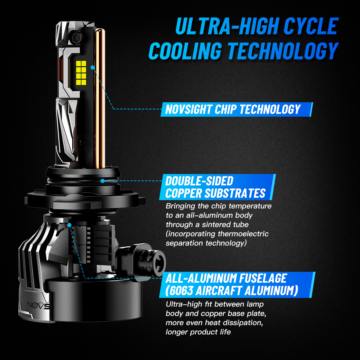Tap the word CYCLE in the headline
click(311, 26)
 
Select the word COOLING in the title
click(185, 51)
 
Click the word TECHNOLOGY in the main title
click(283, 51)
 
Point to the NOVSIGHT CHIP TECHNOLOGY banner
click(236, 109)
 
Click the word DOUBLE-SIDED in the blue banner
click(199, 181)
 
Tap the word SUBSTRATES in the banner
click(235, 193)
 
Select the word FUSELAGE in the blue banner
click(263, 278)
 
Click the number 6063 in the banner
click(181, 291)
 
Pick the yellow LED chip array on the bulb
click(81, 73)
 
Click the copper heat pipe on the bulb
click(100, 98)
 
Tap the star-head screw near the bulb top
click(77, 36)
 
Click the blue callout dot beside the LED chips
click(93, 67)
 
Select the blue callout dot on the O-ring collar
click(102, 181)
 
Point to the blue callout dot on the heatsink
click(69, 225)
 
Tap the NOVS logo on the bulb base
click(38, 305)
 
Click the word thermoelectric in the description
click(243, 234)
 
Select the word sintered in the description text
click(217, 225)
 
